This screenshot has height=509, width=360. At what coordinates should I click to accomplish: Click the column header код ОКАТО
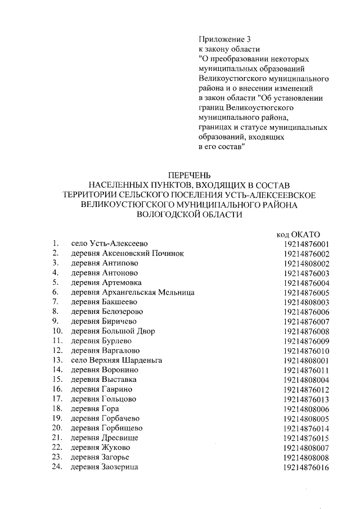(299, 233)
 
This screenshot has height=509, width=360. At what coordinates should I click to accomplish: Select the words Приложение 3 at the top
(224, 39)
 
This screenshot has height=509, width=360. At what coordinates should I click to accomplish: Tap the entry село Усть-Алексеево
(109, 244)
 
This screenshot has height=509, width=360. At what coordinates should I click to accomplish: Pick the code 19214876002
(307, 254)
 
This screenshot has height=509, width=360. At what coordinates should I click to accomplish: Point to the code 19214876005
(307, 292)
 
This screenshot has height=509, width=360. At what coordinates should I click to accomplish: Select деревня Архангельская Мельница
(133, 292)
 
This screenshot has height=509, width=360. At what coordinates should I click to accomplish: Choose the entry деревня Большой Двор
(112, 331)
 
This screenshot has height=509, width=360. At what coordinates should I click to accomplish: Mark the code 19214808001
(307, 360)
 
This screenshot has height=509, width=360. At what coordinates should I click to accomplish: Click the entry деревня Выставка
(103, 380)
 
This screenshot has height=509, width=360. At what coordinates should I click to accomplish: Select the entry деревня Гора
(95, 409)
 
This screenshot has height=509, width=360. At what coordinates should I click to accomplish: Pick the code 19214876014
(307, 428)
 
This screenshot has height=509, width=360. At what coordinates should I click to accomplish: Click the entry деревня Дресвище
(105, 438)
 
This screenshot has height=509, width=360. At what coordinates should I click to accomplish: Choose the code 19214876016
(307, 467)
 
